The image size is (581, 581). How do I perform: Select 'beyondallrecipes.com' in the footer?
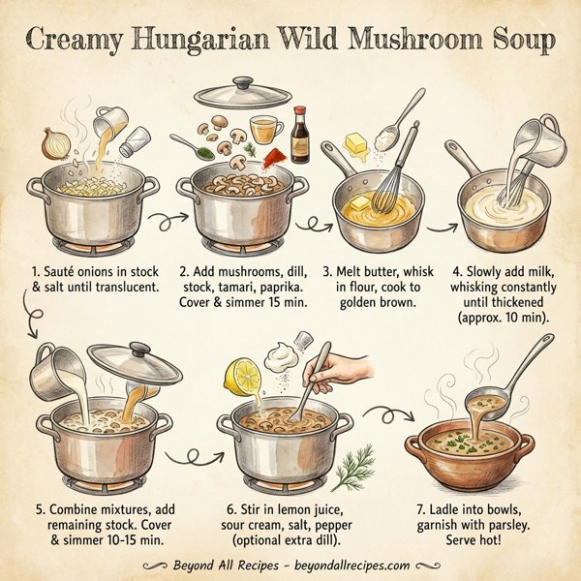coord(344,564)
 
